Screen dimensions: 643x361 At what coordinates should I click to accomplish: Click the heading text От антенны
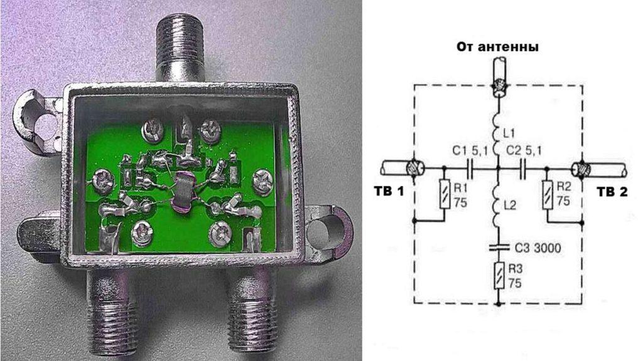tap(497, 46)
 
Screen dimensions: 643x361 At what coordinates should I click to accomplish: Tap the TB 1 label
tap(389, 191)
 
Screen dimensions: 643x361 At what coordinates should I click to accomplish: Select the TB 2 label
tap(612, 192)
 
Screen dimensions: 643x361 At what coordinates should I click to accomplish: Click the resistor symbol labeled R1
tap(445, 194)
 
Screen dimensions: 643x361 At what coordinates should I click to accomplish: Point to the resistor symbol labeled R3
tap(499, 275)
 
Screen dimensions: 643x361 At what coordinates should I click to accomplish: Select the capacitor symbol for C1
tap(470, 168)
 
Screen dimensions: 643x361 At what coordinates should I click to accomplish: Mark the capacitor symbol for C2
tap(522, 168)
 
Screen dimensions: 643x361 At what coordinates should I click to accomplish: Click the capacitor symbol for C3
tap(499, 247)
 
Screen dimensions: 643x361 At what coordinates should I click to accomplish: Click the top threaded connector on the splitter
tap(180, 48)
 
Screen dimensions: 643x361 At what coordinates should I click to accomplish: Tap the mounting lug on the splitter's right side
tap(328, 231)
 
